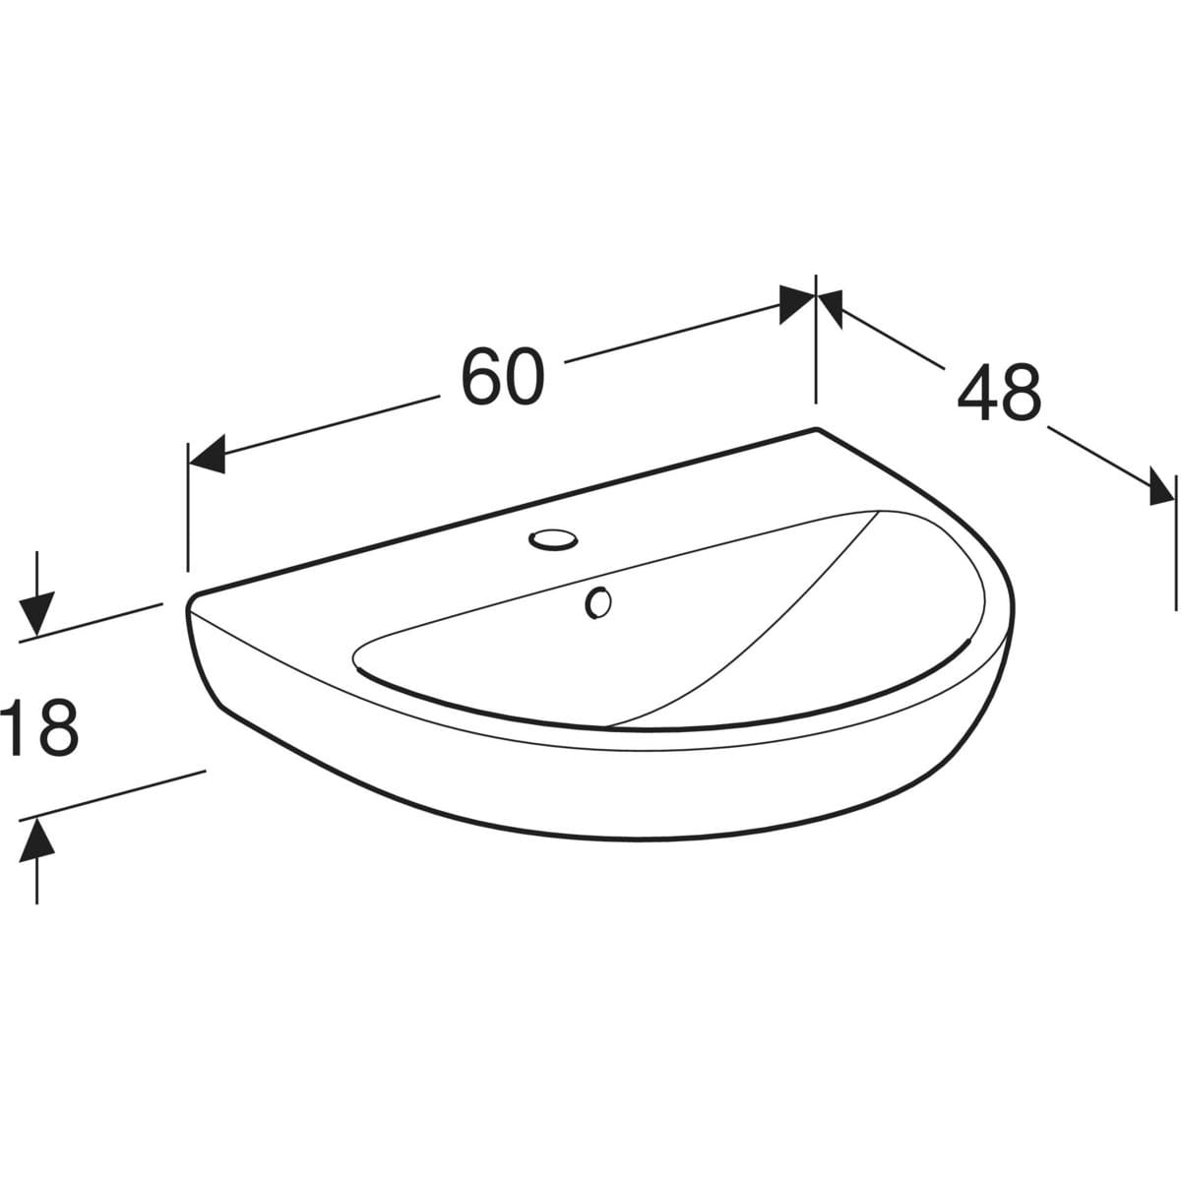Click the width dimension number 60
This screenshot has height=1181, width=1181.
(503, 376)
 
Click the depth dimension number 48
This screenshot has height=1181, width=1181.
(999, 393)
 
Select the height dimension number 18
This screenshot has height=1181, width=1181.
(40, 728)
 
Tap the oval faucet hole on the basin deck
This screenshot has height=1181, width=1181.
(553, 540)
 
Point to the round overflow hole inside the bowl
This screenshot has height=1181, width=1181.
(597, 602)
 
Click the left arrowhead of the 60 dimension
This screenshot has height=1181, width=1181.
(207, 455)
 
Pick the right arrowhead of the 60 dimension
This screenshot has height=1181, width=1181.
(797, 304)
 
